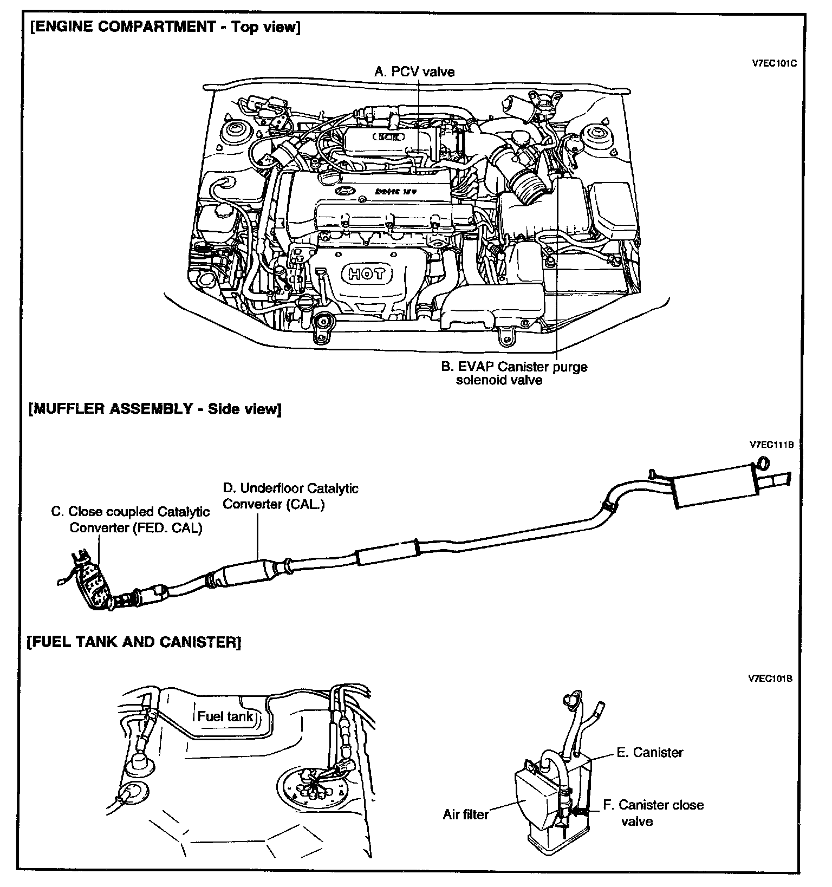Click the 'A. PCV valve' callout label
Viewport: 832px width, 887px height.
tap(414, 72)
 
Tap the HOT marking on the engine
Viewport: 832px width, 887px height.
tap(367, 274)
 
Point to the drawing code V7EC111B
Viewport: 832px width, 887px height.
tap(771, 445)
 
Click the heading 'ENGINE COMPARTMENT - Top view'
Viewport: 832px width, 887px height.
tap(166, 27)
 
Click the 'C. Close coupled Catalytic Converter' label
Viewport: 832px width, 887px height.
tap(130, 519)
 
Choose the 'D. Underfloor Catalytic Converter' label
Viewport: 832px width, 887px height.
tap(290, 496)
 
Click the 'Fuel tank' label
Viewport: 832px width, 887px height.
tap(225, 716)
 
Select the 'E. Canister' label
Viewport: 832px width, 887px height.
tap(649, 752)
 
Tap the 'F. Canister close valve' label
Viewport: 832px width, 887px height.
tap(653, 812)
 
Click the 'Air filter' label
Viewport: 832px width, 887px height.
tap(465, 814)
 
